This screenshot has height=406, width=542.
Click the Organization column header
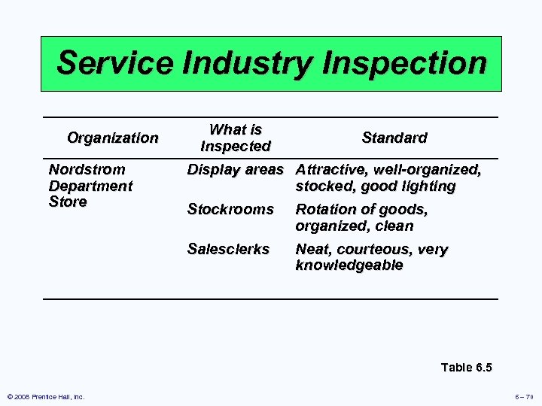coord(113,138)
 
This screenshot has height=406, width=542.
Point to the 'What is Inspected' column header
coord(236,138)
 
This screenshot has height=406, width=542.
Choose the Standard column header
coord(394,138)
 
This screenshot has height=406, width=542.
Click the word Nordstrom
coord(87,170)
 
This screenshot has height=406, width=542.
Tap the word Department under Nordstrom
coord(90,186)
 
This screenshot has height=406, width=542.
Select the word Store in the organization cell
coord(68,202)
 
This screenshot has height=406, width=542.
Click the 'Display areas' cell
coord(235,170)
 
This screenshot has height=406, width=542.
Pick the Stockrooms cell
coord(230,210)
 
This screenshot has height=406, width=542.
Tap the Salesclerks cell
coord(228,250)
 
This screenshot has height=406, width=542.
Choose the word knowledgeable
coord(349,265)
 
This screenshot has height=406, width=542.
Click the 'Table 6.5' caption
coord(466,368)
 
